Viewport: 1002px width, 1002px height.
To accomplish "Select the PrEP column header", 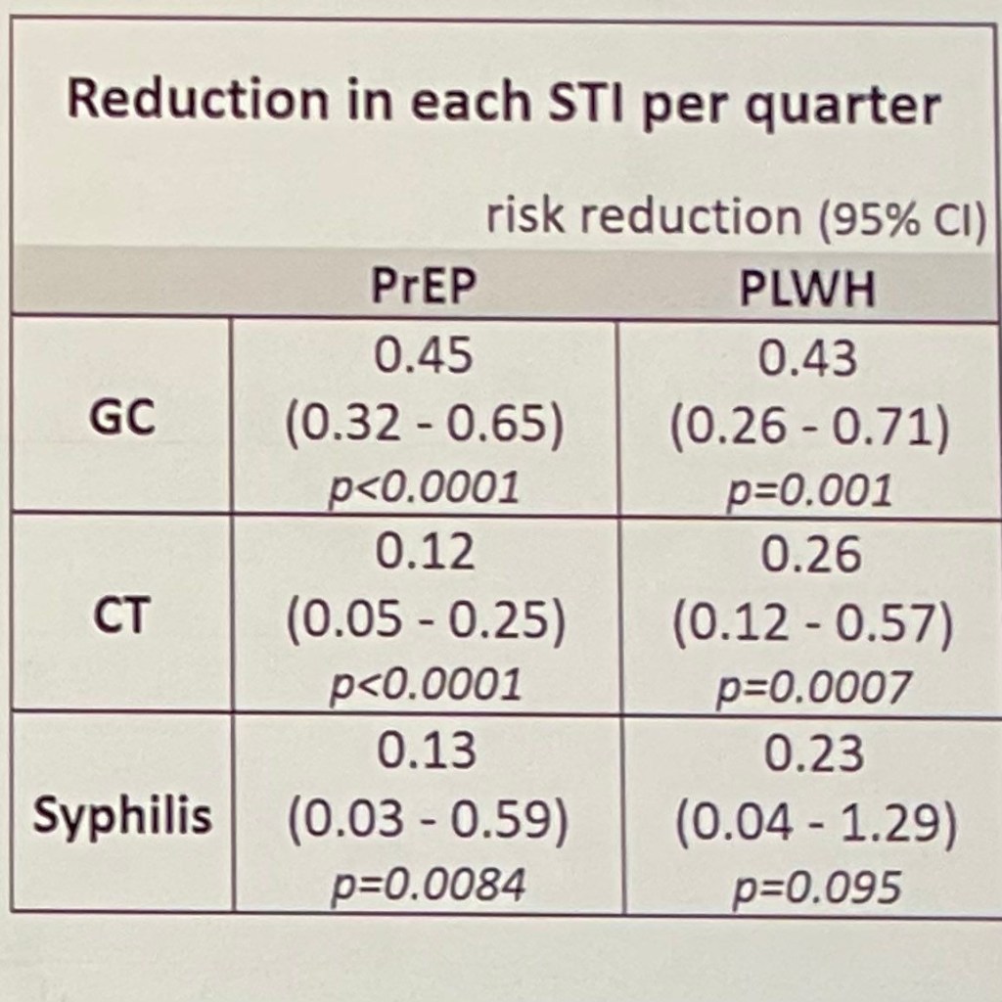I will coord(425,290).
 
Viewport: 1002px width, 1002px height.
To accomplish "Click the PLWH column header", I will coord(807,291).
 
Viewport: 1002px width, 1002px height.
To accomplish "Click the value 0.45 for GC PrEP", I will coord(425,359).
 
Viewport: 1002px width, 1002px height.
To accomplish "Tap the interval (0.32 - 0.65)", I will coord(425,429).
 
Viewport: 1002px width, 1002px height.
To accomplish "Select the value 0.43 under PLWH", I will coord(808,359).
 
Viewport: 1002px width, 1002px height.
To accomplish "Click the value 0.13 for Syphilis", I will coord(427,752).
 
